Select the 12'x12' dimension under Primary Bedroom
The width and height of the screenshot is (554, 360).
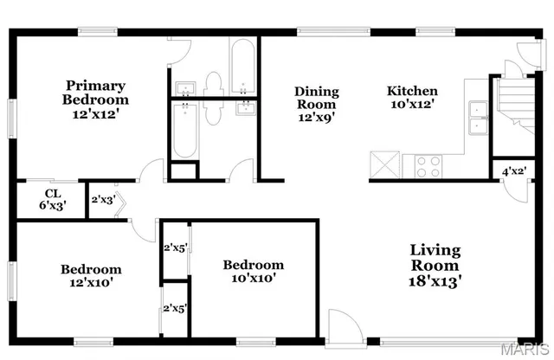(x=96, y=113)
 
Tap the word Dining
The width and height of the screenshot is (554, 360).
(x=317, y=91)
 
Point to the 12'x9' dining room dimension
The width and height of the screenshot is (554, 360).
(x=317, y=117)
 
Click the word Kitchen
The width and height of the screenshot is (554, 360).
(x=411, y=91)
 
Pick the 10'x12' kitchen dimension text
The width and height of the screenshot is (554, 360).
(x=411, y=104)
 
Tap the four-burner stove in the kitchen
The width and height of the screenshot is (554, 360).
(x=428, y=164)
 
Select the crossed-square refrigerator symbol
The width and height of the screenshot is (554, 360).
(x=383, y=164)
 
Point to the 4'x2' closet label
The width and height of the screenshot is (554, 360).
(x=514, y=171)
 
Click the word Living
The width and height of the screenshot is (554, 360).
(x=435, y=251)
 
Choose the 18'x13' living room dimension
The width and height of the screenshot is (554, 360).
(x=435, y=280)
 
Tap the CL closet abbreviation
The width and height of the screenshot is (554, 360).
(x=51, y=193)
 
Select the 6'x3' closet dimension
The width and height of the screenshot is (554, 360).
(x=51, y=206)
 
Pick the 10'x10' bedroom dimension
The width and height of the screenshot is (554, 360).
(x=253, y=278)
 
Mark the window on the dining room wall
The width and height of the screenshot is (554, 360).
(x=321, y=32)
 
